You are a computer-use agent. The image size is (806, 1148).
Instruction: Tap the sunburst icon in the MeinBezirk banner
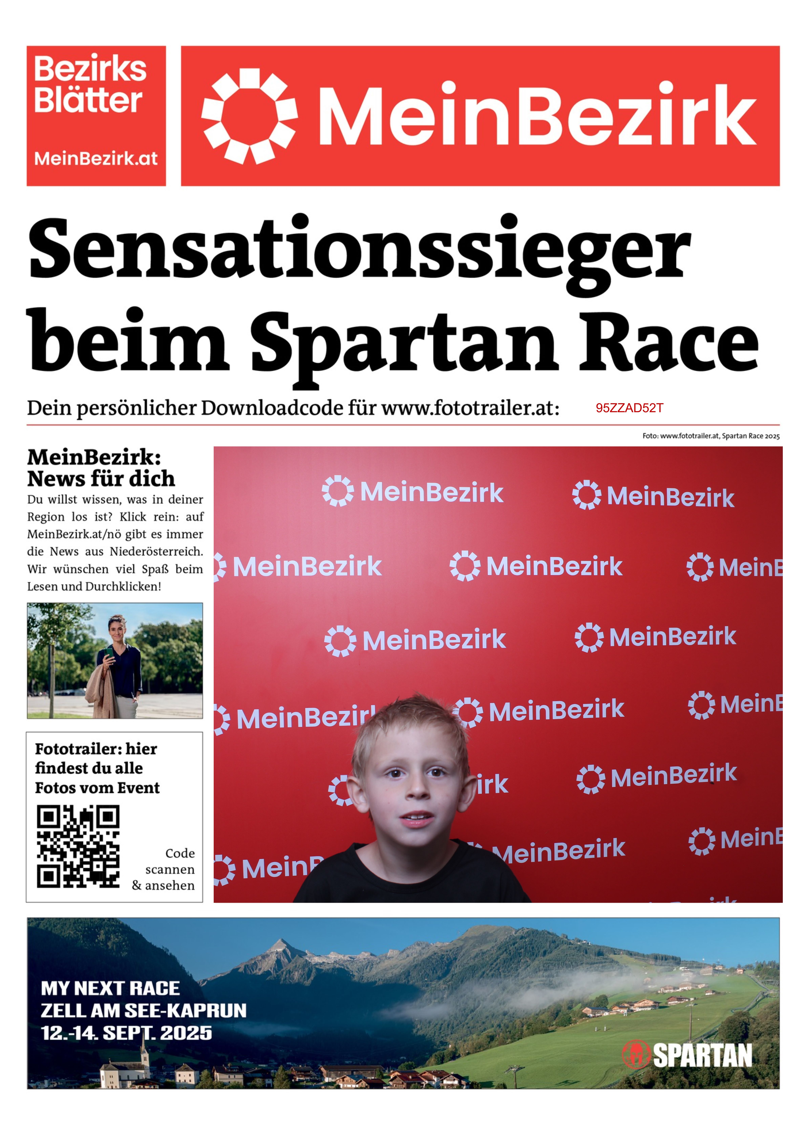tap(249, 116)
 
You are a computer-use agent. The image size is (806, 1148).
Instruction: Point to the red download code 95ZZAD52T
tap(629, 408)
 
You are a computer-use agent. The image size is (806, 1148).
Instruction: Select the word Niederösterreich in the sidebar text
tap(156, 552)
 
